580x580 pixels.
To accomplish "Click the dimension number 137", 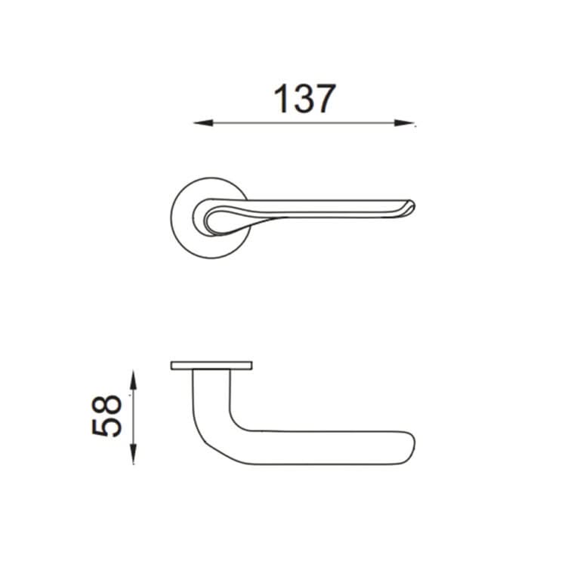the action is [x=304, y=98].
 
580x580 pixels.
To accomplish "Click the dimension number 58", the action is [x=106, y=416].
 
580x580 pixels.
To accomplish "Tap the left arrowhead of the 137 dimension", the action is [x=203, y=123].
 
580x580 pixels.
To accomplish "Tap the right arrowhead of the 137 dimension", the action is [x=404, y=123].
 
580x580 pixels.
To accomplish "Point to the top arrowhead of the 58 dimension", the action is [x=133, y=380].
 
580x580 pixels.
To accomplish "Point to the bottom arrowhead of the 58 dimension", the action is [x=133, y=454].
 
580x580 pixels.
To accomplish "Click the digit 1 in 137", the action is [x=282, y=98].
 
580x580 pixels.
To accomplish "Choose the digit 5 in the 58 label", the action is [x=106, y=427].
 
